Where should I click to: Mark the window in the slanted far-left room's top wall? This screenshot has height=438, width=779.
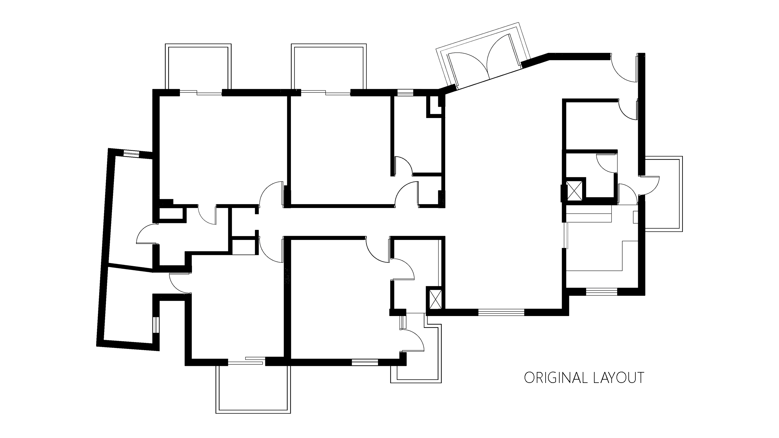[131, 153]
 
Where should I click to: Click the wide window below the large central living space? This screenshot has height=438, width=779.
[501, 312]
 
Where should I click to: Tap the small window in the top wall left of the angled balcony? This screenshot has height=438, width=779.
[405, 92]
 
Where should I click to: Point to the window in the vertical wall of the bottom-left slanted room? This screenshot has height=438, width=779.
[156, 325]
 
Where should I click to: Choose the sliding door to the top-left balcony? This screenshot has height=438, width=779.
[201, 92]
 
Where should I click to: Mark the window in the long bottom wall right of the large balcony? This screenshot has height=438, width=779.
[365, 362]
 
